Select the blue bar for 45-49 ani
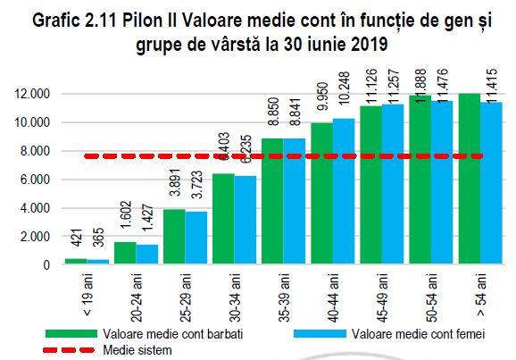(392, 185)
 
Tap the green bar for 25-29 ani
(173, 237)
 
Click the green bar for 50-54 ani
(420, 180)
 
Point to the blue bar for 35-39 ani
(294, 202)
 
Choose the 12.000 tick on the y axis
(36, 94)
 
